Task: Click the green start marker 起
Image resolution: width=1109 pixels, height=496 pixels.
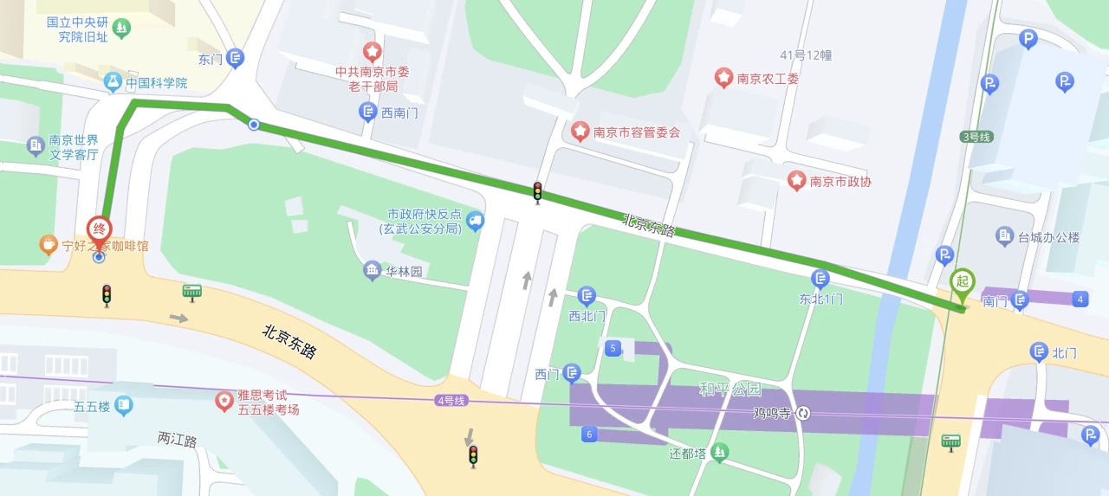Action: point(961,281)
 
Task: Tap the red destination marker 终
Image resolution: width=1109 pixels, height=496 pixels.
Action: point(100,230)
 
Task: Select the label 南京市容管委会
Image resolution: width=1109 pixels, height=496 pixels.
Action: point(637,132)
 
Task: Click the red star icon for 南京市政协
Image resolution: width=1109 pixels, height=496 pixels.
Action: point(796,180)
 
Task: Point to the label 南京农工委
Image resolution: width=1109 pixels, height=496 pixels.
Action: point(768,79)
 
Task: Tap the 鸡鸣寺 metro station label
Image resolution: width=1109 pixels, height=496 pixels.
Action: point(773,414)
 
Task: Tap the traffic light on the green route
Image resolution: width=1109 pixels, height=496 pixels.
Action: point(537,192)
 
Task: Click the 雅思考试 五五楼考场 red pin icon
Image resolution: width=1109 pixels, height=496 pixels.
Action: point(224,401)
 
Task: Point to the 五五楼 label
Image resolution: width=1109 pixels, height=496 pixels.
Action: point(92,405)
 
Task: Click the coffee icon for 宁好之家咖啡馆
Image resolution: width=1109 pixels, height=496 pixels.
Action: point(49,245)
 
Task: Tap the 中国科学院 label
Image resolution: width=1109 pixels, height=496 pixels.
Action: point(156,83)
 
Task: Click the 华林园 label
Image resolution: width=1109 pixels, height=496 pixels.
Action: point(404,271)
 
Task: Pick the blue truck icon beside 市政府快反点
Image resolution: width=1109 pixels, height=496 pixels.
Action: point(474,221)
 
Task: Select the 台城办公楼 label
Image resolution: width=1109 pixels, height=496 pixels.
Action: point(1049,236)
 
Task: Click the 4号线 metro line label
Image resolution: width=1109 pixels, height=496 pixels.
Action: point(451,401)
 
